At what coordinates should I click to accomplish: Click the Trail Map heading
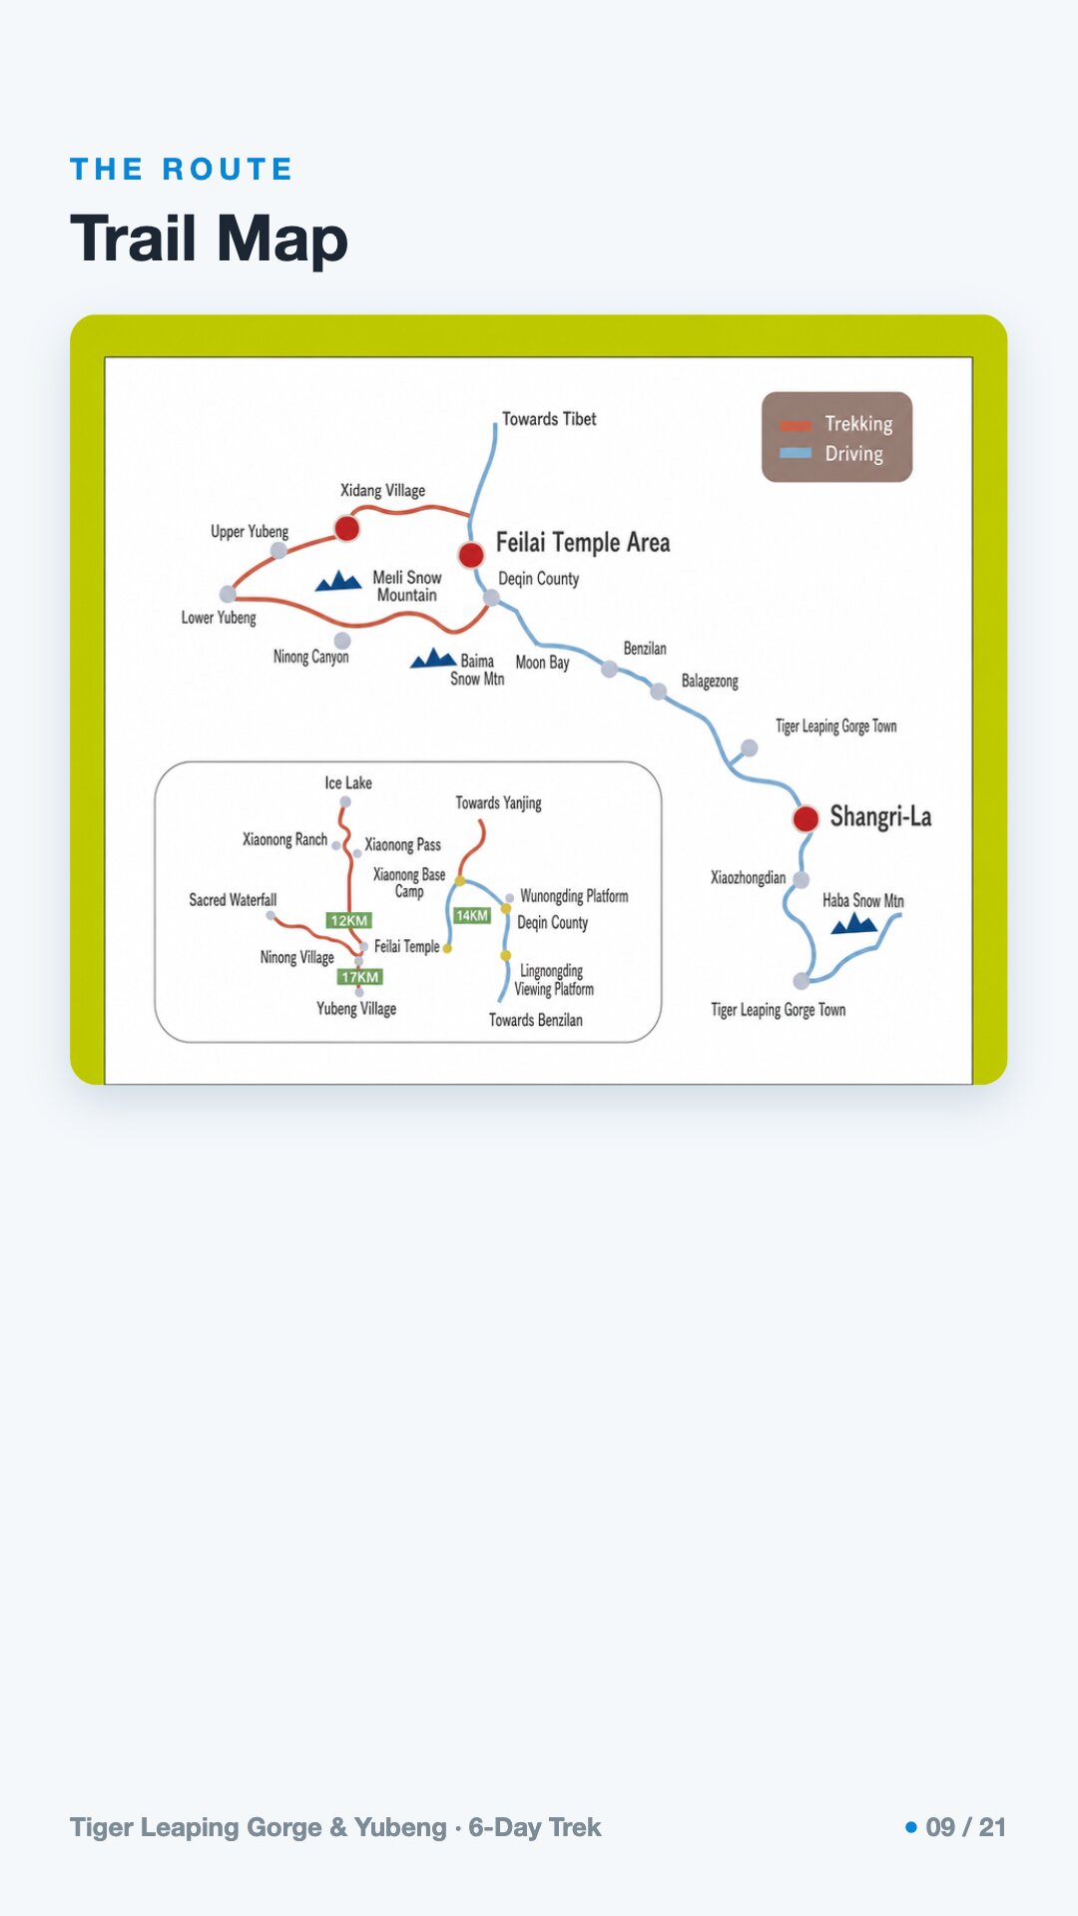(x=209, y=239)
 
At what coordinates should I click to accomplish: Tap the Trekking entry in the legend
(x=836, y=424)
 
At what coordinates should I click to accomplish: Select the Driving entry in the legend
(x=831, y=453)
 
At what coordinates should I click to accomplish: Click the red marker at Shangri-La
(x=806, y=819)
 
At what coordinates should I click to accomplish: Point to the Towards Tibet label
(x=549, y=419)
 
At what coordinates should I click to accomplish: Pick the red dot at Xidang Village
(x=346, y=528)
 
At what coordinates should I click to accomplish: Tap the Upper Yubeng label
(x=250, y=532)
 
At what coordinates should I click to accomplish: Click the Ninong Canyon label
(x=311, y=657)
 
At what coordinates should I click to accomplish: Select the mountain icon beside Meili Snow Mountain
(x=338, y=581)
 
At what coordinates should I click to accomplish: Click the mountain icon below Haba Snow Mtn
(x=854, y=924)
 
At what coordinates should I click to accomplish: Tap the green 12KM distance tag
(x=349, y=920)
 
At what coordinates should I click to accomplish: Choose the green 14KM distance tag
(x=472, y=915)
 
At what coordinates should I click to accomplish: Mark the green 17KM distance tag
(x=360, y=977)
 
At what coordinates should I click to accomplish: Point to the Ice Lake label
(x=348, y=783)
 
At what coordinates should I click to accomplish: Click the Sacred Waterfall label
(x=233, y=900)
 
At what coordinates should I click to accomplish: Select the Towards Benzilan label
(x=536, y=1020)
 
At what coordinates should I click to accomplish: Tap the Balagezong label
(x=710, y=682)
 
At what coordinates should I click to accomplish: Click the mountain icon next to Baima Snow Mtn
(x=433, y=659)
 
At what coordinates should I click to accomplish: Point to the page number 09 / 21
(x=965, y=1827)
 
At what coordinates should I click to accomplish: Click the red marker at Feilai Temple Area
(x=471, y=554)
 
